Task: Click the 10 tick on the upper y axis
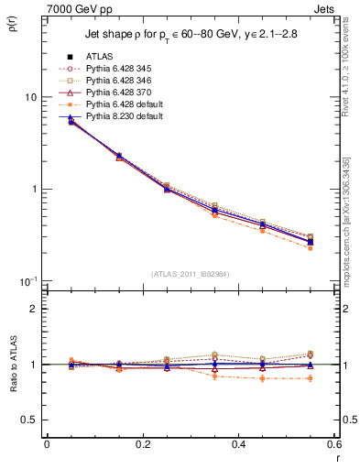tap(30, 97)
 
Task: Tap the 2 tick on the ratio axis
tap(33, 310)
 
